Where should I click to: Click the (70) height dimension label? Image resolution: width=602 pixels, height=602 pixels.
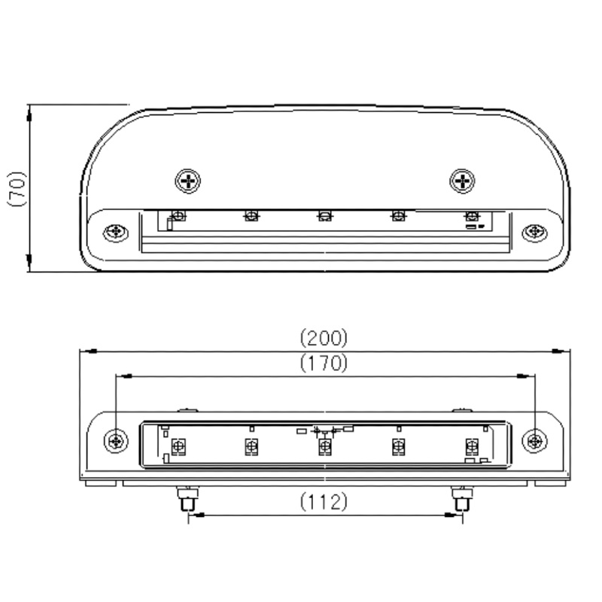click(x=17, y=189)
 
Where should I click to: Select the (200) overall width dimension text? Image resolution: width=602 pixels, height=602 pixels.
click(x=324, y=337)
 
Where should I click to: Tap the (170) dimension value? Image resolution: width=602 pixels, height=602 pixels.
click(x=324, y=363)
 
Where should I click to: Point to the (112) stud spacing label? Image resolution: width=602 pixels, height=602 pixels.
click(x=324, y=501)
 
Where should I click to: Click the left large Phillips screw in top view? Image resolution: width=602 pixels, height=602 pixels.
click(x=188, y=181)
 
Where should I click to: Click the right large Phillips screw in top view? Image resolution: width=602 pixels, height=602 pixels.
click(x=462, y=181)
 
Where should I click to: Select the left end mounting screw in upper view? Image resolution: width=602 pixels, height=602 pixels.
click(x=116, y=232)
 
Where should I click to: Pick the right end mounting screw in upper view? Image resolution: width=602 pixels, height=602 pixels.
click(x=535, y=232)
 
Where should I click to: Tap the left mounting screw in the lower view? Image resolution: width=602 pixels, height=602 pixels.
click(x=116, y=442)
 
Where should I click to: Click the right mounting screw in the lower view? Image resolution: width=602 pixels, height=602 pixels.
click(x=535, y=442)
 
